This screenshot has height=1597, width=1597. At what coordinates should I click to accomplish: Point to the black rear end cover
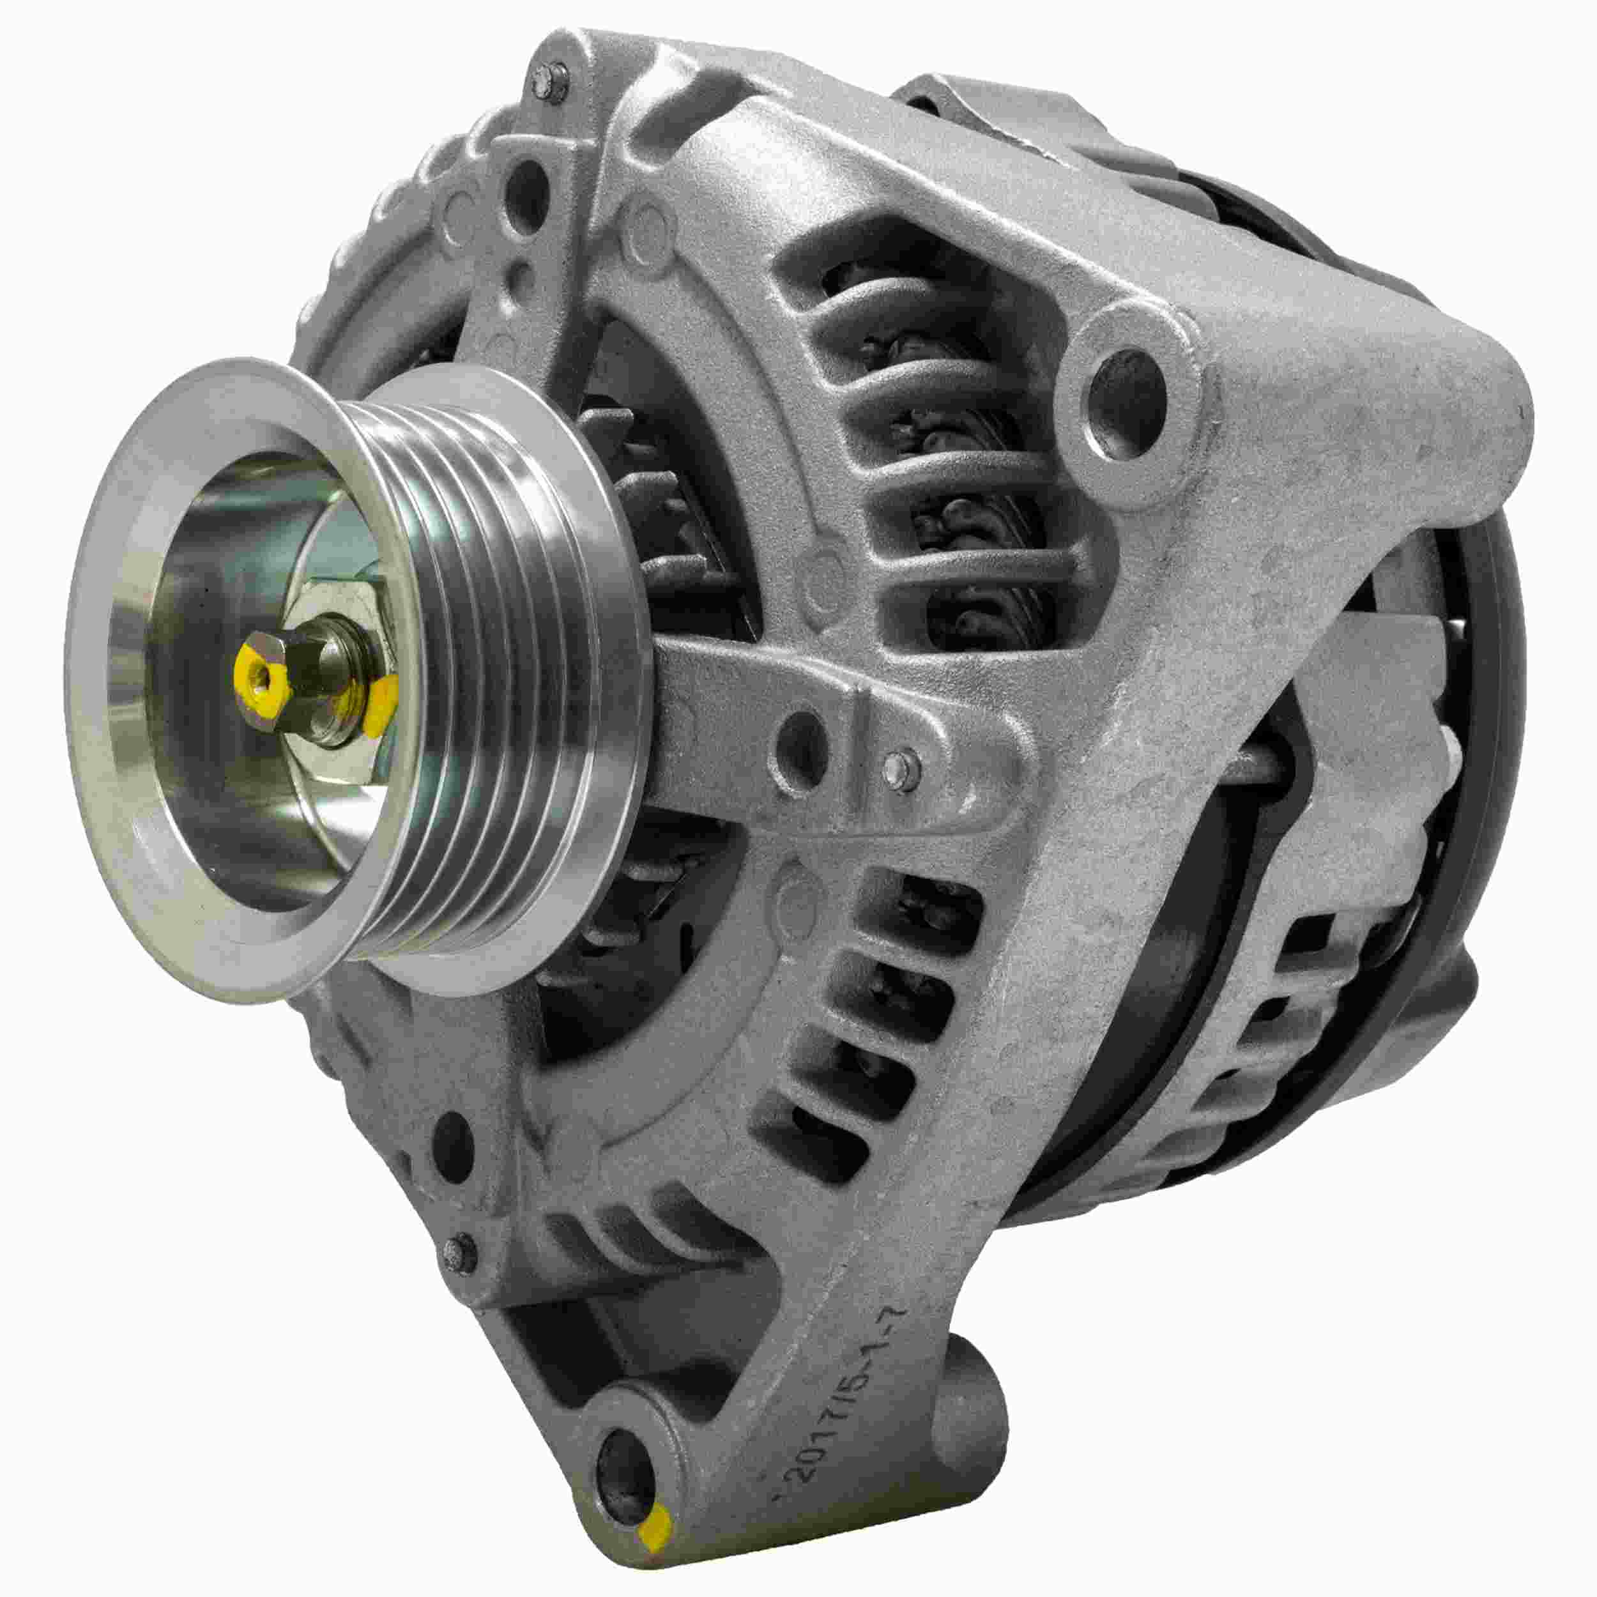[1455, 744]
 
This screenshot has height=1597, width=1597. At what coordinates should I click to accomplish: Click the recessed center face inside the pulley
[248, 744]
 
